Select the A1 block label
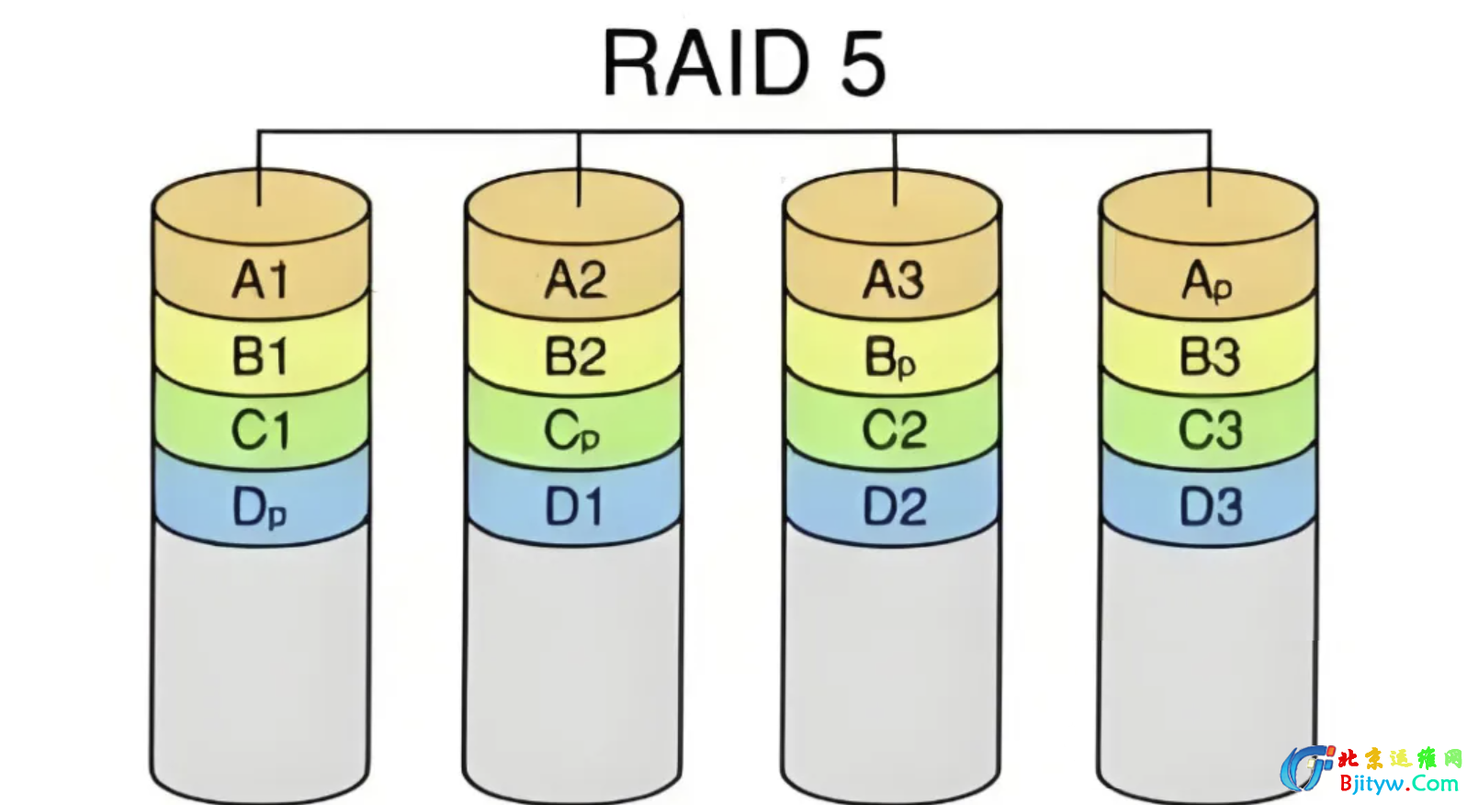pyautogui.click(x=260, y=279)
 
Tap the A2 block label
pyautogui.click(x=575, y=279)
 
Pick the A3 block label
pyautogui.click(x=893, y=279)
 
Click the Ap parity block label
pyautogui.click(x=1206, y=281)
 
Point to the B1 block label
pyautogui.click(x=260, y=357)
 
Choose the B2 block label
pyautogui.click(x=575, y=357)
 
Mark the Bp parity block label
pyautogui.click(x=890, y=358)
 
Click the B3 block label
pyautogui.click(x=1209, y=357)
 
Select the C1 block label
pyautogui.click(x=260, y=430)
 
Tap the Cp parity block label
pyautogui.click(x=571, y=431)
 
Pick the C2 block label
pyautogui.click(x=894, y=430)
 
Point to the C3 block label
pyautogui.click(x=1210, y=430)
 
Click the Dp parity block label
pyautogui.click(x=259, y=507)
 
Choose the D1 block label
pyautogui.click(x=574, y=506)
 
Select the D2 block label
pyautogui.click(x=894, y=506)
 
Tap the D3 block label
pyautogui.click(x=1210, y=506)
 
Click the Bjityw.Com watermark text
pyautogui.click(x=1398, y=784)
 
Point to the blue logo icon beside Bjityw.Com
pyautogui.click(x=1307, y=768)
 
